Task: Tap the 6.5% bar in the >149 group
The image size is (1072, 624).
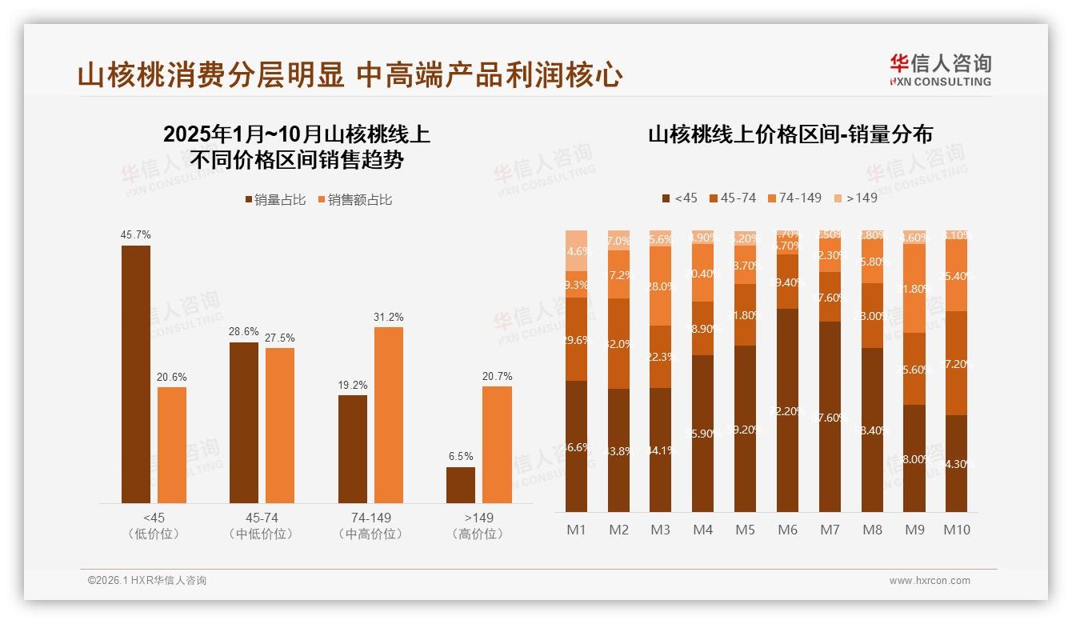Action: [x=461, y=485]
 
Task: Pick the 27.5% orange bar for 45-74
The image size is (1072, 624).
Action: [x=280, y=425]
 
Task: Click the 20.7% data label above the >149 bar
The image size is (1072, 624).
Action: [x=497, y=376]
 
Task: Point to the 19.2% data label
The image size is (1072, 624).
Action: [x=352, y=385]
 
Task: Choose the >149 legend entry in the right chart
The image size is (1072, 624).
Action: [x=855, y=198]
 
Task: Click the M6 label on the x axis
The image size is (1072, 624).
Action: [x=788, y=530]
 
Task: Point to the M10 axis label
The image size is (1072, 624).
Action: [x=956, y=530]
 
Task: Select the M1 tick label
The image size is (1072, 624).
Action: [x=576, y=530]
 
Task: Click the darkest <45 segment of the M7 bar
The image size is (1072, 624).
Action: [x=830, y=416]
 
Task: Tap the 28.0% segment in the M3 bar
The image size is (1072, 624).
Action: [x=660, y=286]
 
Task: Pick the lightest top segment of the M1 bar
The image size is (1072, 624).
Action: [x=576, y=250]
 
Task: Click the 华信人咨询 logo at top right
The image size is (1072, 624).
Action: [x=940, y=70]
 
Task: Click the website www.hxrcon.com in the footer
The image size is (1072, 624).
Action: [x=930, y=581]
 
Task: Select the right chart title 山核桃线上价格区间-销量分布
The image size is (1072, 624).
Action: [x=790, y=134]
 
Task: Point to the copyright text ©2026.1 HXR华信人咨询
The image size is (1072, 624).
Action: [x=147, y=581]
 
